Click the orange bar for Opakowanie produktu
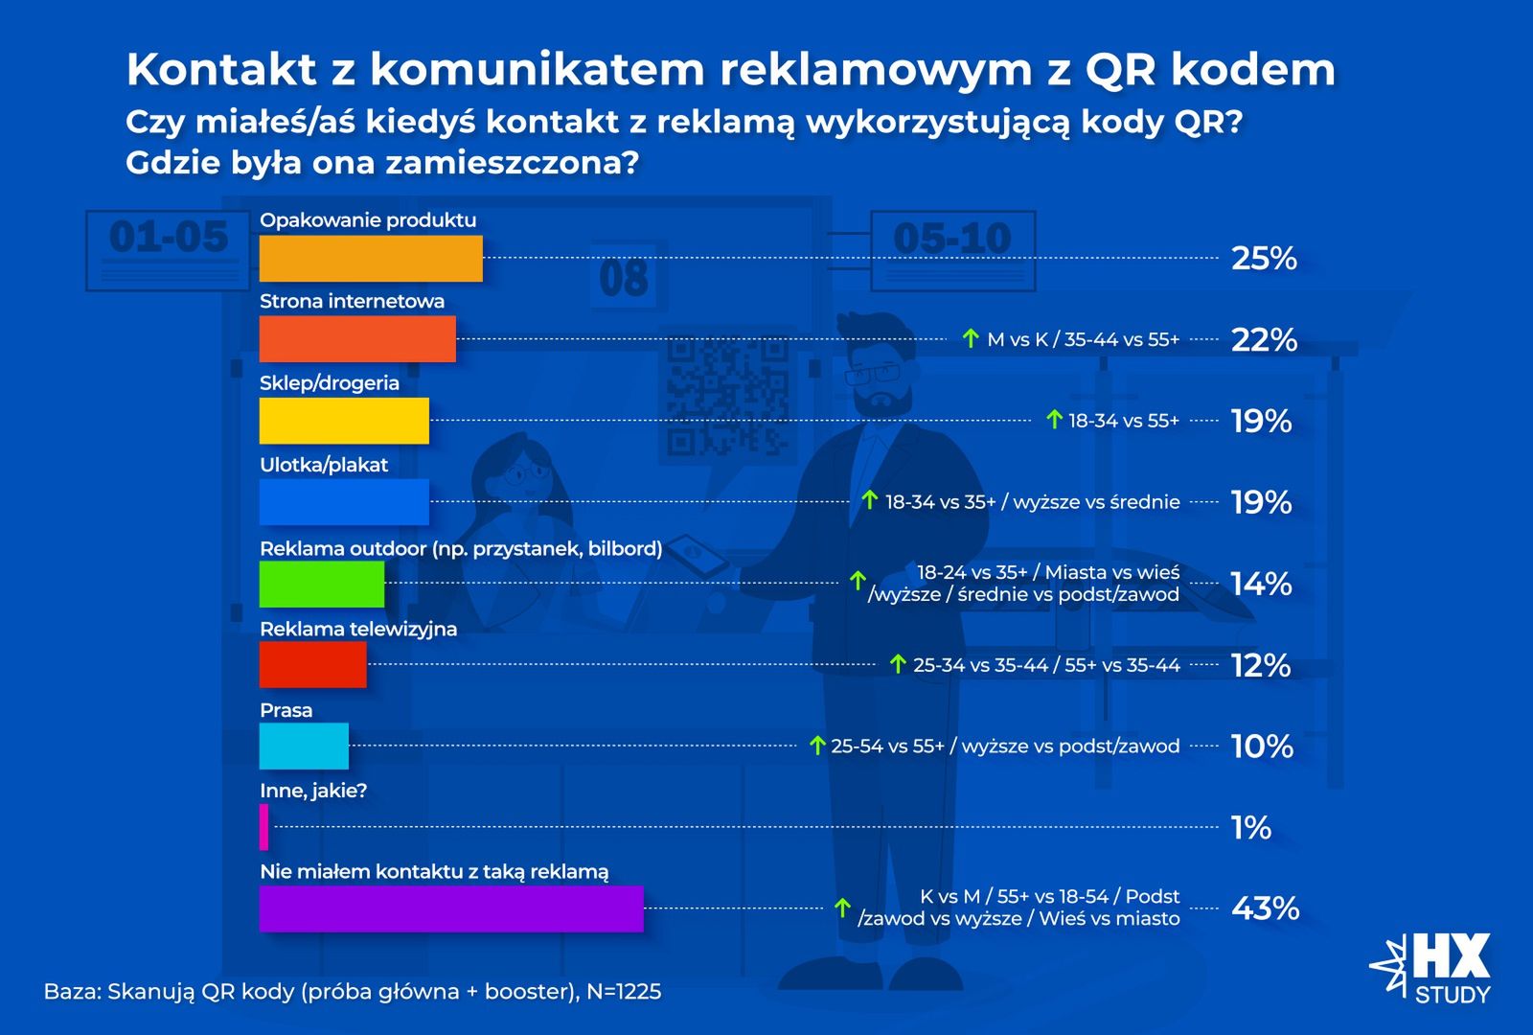tap(371, 259)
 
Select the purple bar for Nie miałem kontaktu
tap(450, 908)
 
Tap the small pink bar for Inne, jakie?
tap(263, 827)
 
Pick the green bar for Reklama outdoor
tap(321, 584)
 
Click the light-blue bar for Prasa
tap(304, 747)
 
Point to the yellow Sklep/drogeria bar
tap(344, 422)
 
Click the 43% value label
tap(1264, 908)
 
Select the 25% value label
tap(1263, 258)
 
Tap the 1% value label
tap(1250, 827)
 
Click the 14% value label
tap(1261, 584)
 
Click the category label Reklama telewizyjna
tap(358, 629)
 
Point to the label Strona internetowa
tap(352, 301)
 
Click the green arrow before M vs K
tap(970, 338)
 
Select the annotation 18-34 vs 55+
tap(1124, 421)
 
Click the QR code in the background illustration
tap(728, 396)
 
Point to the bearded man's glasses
tap(873, 374)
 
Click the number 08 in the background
tap(624, 279)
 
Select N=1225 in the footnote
tap(624, 991)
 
